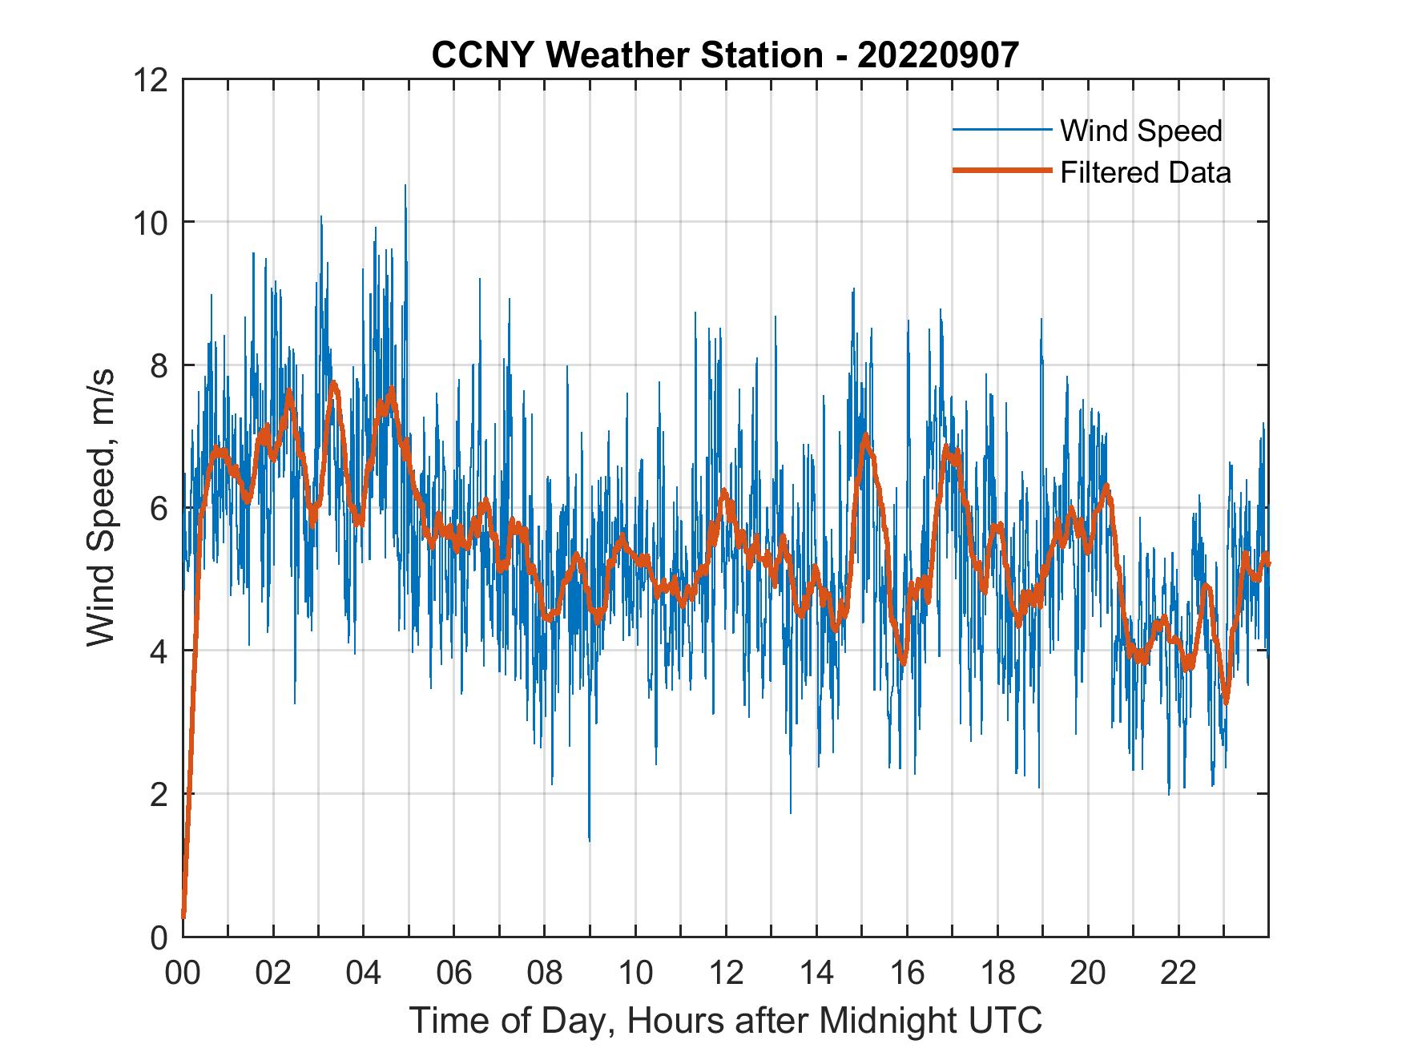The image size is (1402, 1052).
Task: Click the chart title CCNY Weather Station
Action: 725,54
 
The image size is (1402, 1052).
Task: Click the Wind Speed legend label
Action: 1141,131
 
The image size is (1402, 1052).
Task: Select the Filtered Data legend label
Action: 1145,172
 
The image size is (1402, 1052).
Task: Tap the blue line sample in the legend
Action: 1001,130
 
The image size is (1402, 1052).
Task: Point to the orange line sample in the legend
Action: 1001,171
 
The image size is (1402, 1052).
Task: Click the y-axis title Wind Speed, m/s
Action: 101,507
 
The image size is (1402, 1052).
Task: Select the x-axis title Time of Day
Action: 725,1020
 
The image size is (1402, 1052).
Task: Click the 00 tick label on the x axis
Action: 183,973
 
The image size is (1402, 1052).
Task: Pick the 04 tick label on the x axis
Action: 364,973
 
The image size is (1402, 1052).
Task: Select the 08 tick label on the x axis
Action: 545,973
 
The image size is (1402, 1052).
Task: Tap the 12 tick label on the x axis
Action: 726,973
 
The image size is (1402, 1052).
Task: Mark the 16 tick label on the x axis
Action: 907,973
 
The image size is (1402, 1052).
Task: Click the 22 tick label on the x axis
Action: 1178,973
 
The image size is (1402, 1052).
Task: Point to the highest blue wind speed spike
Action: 405,186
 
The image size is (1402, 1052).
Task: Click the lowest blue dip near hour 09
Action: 590,840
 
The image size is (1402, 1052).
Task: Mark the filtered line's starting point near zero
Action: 183,916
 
